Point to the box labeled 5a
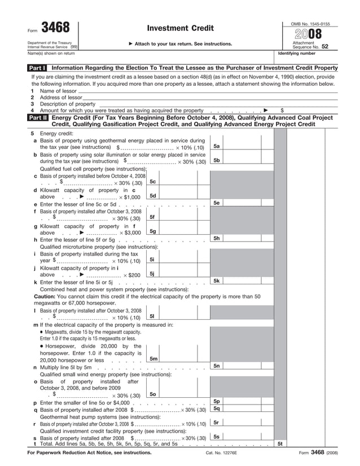(216, 146)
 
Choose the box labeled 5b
(216, 160)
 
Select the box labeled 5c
(152, 182)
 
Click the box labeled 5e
(216, 203)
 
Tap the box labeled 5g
(152, 231)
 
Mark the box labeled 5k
(216, 280)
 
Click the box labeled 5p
(216, 401)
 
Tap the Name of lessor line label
(58, 91)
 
